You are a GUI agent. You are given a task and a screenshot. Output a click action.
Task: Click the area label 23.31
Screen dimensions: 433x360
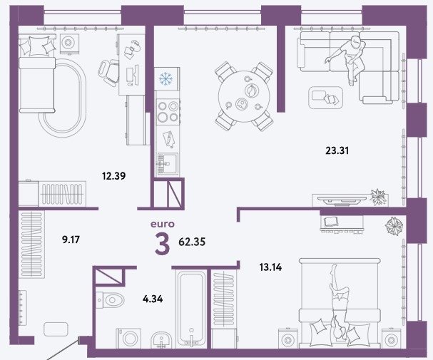click(x=337, y=151)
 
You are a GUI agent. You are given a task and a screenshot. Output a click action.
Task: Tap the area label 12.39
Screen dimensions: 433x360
click(x=113, y=176)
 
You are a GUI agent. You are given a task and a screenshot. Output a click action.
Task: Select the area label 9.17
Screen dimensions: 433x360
click(x=71, y=240)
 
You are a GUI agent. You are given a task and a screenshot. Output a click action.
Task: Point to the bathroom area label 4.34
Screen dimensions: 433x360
click(x=153, y=299)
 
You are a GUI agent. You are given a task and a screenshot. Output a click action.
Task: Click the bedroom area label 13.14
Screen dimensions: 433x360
click(x=270, y=267)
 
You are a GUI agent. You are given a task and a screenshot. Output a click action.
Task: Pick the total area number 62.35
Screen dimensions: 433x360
click(x=192, y=242)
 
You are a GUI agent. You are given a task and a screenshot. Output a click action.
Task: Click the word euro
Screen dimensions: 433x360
click(x=163, y=224)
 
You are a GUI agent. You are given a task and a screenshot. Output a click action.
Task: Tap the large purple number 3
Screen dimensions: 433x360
click(x=162, y=243)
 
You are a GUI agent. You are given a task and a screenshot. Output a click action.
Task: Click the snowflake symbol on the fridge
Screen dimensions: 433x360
click(x=165, y=78)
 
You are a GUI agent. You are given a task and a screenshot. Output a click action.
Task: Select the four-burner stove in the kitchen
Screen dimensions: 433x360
click(x=168, y=112)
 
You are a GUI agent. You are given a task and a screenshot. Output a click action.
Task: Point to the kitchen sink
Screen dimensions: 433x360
click(x=168, y=164)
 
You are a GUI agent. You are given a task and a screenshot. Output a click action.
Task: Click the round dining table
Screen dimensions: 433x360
click(x=244, y=96)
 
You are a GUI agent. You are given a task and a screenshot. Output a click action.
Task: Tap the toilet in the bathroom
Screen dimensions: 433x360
click(x=110, y=299)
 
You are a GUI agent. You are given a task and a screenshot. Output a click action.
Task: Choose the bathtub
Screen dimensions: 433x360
click(x=191, y=308)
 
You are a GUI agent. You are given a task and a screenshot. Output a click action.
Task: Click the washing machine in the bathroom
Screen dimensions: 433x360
click(x=128, y=338)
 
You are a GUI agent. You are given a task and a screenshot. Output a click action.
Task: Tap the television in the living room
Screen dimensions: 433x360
click(x=342, y=200)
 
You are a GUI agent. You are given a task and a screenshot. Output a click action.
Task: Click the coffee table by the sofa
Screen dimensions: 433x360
click(x=325, y=98)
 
